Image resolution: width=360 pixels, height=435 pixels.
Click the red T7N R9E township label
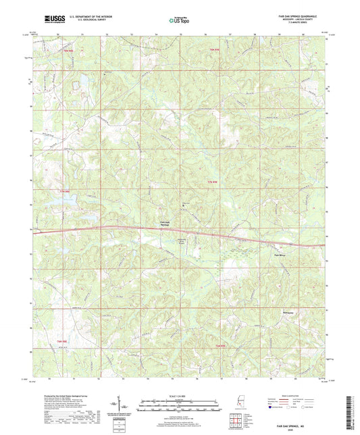[x=213, y=183]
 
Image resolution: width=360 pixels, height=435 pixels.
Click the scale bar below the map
[x=180, y=405]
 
